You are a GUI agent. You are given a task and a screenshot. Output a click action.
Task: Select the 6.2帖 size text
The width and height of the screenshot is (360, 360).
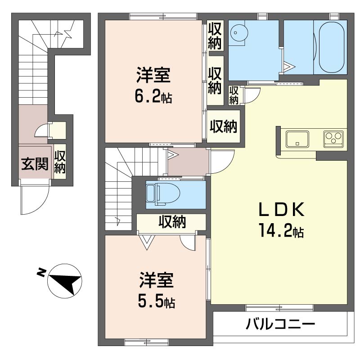pos(153,97)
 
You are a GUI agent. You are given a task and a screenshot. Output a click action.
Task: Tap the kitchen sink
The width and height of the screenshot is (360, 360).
pos(297,139)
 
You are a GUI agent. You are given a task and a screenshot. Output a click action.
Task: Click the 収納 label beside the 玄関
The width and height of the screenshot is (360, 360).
pos(60,162)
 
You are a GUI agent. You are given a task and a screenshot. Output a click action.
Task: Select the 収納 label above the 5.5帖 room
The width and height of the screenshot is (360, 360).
pos(172,222)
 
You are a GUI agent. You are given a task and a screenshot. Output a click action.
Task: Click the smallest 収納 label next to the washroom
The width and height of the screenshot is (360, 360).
pos(234,95)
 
